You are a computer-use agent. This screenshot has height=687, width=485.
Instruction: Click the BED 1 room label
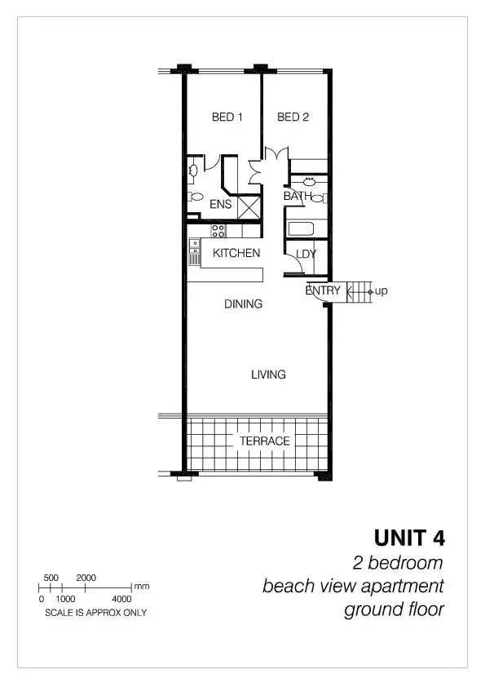(x=227, y=117)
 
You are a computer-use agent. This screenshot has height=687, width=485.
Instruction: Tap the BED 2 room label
(x=293, y=117)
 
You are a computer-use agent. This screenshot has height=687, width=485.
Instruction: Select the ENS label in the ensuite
(x=221, y=204)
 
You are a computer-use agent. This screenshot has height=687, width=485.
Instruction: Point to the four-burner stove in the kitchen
(x=218, y=230)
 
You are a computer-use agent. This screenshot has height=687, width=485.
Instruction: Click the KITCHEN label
(x=236, y=253)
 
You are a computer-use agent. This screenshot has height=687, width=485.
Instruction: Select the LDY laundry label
(x=306, y=254)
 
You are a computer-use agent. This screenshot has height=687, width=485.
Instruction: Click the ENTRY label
(x=323, y=290)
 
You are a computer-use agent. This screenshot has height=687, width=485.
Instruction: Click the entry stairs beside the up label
(x=358, y=290)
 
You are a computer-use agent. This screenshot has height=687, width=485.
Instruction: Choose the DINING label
(x=243, y=304)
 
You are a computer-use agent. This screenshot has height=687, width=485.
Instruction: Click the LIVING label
(x=268, y=375)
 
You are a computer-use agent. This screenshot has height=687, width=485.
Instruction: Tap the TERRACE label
(x=264, y=441)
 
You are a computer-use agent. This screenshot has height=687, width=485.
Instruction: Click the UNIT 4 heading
(x=409, y=538)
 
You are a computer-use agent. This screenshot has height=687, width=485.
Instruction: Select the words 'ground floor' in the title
(x=394, y=609)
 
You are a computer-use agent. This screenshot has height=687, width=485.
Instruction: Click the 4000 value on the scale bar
(x=121, y=599)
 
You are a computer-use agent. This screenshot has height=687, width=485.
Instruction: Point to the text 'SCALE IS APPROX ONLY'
(x=96, y=613)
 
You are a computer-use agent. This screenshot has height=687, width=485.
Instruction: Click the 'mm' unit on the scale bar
(x=142, y=587)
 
